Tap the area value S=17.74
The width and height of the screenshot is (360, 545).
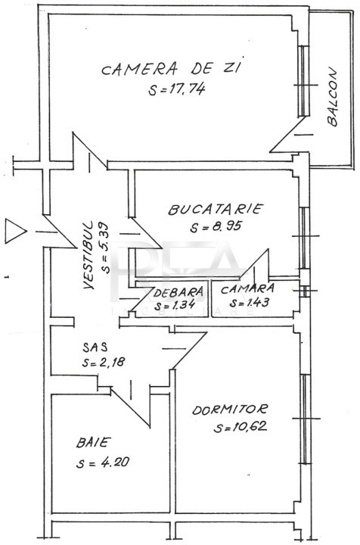click(177, 89)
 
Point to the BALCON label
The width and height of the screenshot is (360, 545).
click(332, 96)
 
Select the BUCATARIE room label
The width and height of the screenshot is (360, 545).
click(216, 209)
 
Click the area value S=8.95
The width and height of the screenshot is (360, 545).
click(216, 226)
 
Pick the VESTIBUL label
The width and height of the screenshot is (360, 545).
click(89, 255)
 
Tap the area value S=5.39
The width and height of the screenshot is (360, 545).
click(104, 248)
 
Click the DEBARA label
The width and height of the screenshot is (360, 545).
click(178, 293)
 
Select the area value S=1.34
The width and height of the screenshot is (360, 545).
click(175, 305)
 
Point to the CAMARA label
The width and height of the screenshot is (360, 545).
click(247, 288)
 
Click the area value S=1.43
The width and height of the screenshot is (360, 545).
click(250, 302)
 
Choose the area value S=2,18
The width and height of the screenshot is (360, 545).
click(104, 362)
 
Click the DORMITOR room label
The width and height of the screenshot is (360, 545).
click(230, 409)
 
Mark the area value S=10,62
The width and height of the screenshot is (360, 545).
click(241, 426)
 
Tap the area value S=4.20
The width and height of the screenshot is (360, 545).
click(103, 462)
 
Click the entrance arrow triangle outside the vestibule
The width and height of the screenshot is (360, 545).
click(14, 231)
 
